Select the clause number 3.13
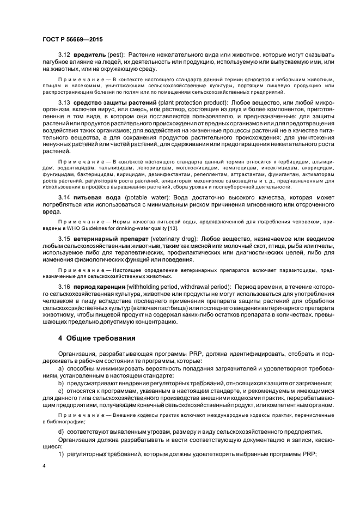[x=65, y=102]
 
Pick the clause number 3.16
[x=65, y=287]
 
